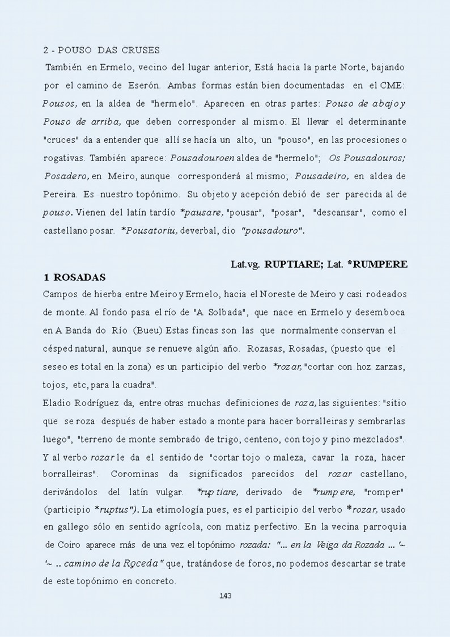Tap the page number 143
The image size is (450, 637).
225,596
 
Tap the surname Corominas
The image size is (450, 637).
135,457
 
